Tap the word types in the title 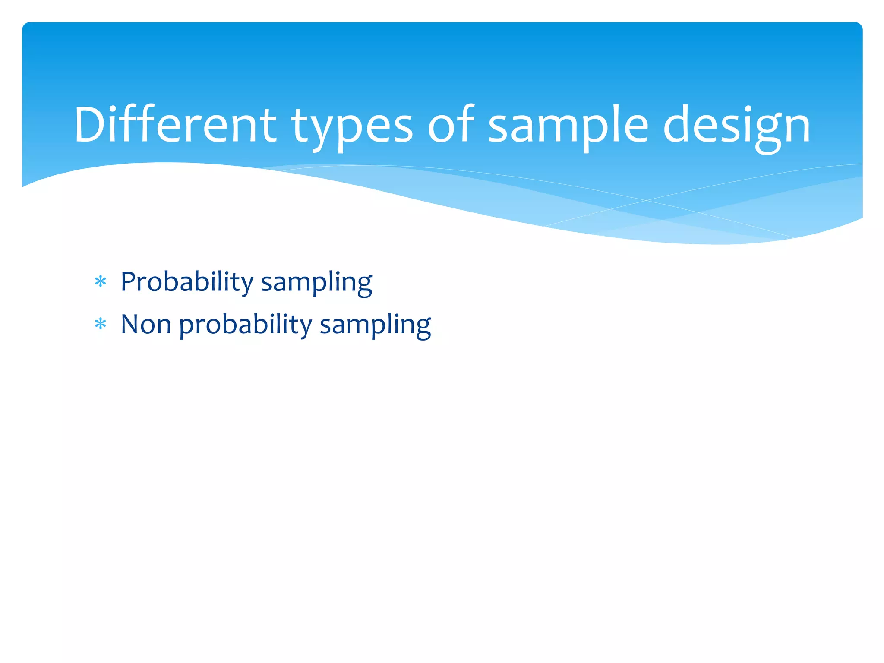click(x=352, y=127)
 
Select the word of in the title click(x=451, y=125)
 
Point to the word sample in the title click(x=568, y=127)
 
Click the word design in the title click(x=736, y=127)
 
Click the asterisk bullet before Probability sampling click(x=101, y=282)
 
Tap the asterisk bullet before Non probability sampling click(x=101, y=324)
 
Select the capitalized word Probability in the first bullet click(x=186, y=282)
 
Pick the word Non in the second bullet click(x=146, y=324)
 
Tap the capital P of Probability click(x=128, y=281)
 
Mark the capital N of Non click(x=130, y=324)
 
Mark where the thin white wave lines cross click(x=646, y=200)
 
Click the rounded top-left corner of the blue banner click(x=27, y=27)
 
